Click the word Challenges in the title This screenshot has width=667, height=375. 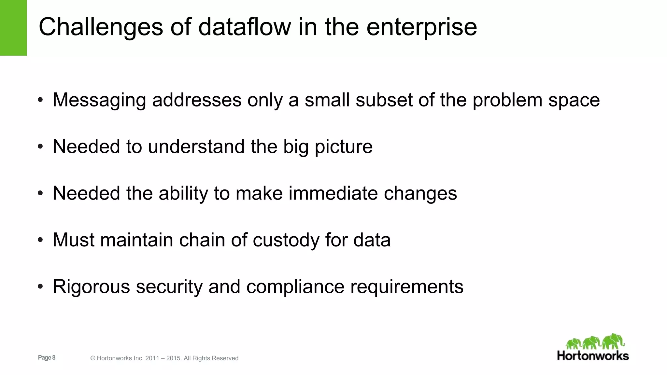[x=101, y=27]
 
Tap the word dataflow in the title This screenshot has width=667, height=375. [x=245, y=27]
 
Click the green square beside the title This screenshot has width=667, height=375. [x=13, y=28]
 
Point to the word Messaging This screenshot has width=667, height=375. [x=99, y=100]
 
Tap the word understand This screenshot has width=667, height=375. [x=196, y=146]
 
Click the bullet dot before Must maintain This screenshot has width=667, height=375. [x=40, y=240]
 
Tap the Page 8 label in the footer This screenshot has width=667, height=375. [x=47, y=357]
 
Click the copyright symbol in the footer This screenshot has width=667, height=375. [x=93, y=358]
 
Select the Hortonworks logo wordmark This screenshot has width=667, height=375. [x=593, y=355]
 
